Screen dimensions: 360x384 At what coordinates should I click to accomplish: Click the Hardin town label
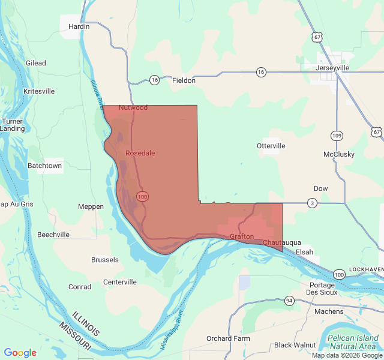(79, 26)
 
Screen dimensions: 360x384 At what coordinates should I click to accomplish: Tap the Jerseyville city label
(332, 68)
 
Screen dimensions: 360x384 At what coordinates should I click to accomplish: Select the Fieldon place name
(184, 80)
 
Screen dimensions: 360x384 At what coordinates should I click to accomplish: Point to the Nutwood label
(133, 107)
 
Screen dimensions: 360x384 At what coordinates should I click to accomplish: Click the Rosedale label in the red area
(140, 153)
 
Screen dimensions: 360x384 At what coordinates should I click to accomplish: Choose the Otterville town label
(271, 146)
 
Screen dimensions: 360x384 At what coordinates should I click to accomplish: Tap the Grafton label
(242, 237)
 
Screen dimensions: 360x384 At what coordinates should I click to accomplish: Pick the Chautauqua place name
(282, 242)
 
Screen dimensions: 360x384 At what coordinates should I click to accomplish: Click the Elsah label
(304, 252)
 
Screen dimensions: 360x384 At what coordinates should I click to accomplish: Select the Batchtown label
(45, 166)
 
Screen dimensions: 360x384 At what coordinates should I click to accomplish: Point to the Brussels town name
(105, 260)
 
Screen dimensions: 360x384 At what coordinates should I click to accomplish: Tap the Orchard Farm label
(227, 338)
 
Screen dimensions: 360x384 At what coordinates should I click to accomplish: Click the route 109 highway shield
(337, 136)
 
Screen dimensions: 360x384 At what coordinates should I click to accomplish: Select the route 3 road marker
(312, 203)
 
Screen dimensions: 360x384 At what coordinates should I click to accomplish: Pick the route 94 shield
(289, 300)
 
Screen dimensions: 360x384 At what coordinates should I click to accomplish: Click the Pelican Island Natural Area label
(352, 343)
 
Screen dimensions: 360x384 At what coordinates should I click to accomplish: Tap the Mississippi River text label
(173, 330)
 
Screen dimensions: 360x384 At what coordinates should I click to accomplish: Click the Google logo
(20, 353)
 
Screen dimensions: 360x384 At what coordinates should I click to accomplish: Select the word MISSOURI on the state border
(75, 337)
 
